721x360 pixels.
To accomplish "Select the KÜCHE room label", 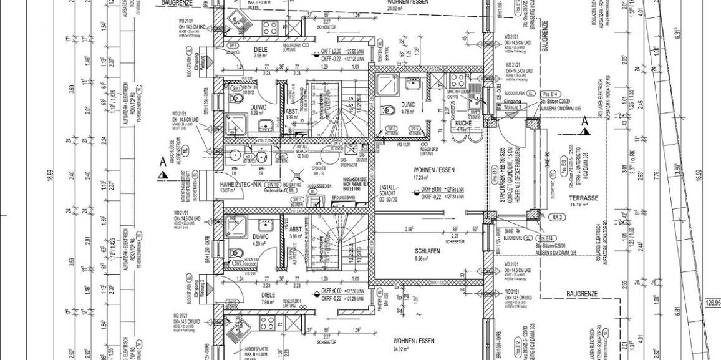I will (463, 124).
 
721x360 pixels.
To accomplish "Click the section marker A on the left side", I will (163, 161).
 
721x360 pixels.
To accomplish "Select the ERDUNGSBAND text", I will (344, 198).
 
